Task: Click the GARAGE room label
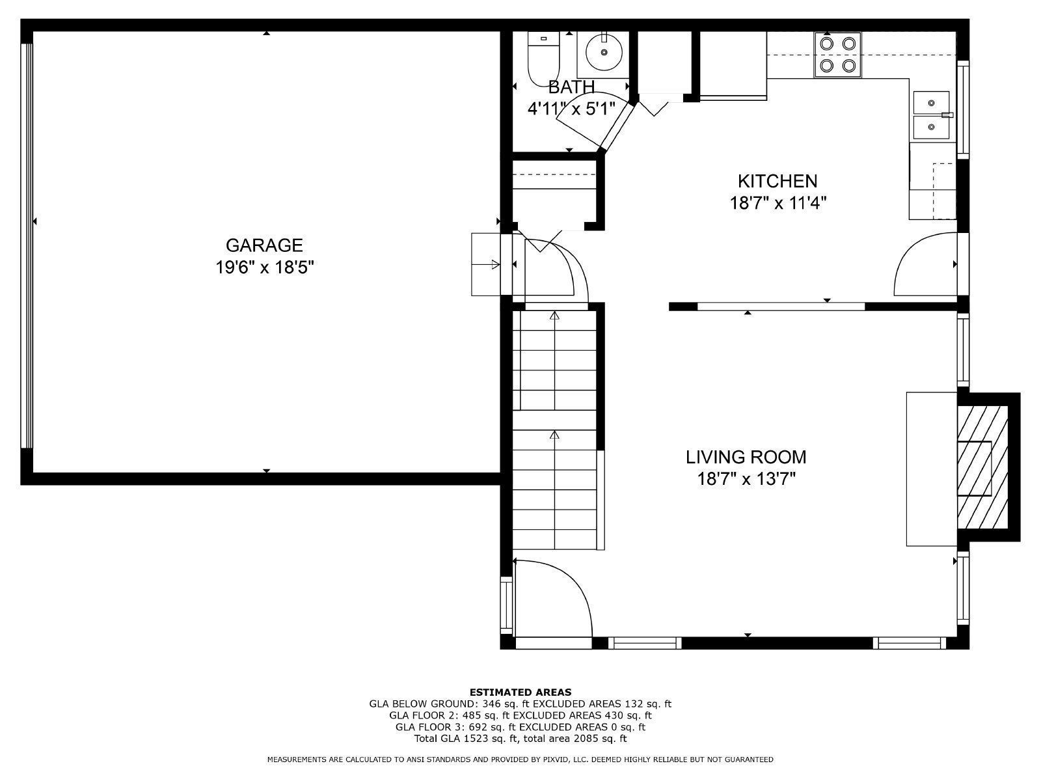pyautogui.click(x=264, y=245)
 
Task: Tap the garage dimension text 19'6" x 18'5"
pyautogui.click(x=265, y=267)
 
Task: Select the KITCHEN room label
pyautogui.click(x=777, y=181)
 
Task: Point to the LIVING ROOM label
pyautogui.click(x=746, y=457)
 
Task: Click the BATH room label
pyautogui.click(x=571, y=87)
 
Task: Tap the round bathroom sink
pyautogui.click(x=604, y=52)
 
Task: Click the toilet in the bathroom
pyautogui.click(x=544, y=59)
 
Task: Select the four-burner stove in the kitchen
pyautogui.click(x=837, y=55)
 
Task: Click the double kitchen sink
pyautogui.click(x=932, y=115)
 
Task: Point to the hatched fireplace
pyautogui.click(x=982, y=467)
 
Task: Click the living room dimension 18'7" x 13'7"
pyautogui.click(x=746, y=479)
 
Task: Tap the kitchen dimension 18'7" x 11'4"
pyautogui.click(x=777, y=203)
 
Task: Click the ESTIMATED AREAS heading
pyautogui.click(x=520, y=692)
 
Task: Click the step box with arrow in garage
pyautogui.click(x=485, y=265)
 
